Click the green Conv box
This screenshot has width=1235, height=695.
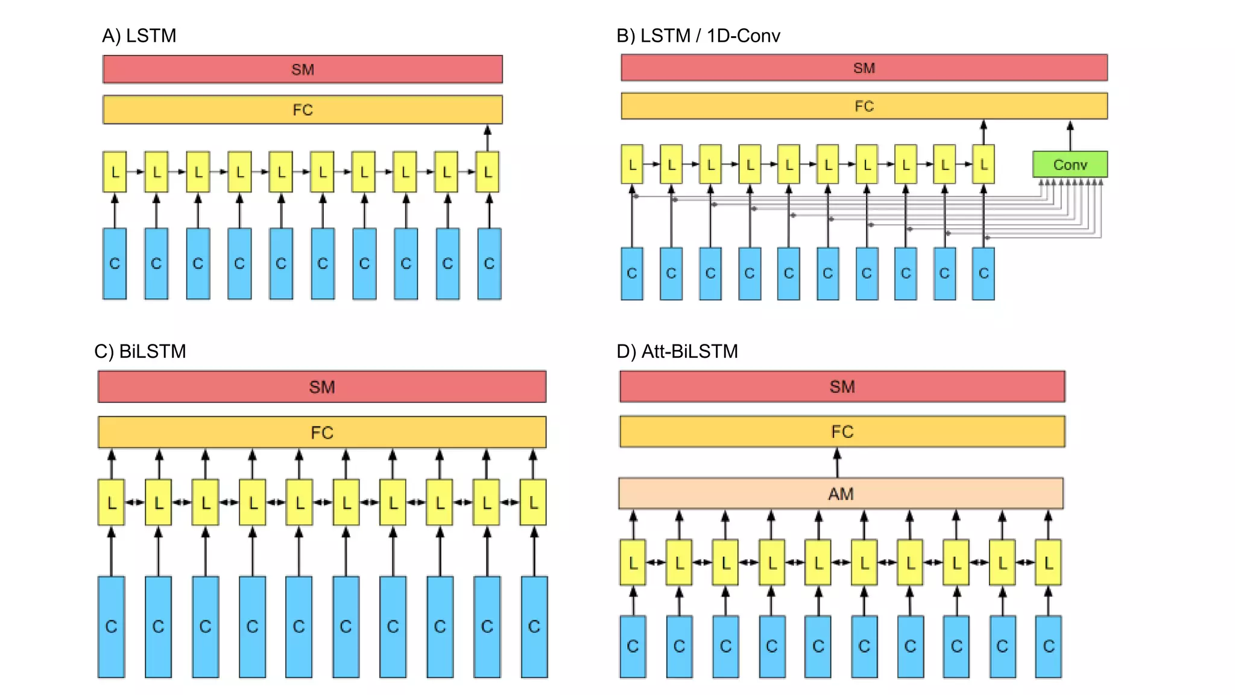[x=1070, y=164]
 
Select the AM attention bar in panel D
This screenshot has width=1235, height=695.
[x=841, y=493]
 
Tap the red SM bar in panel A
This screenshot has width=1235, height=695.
[x=302, y=69]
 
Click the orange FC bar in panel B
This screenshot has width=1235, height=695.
[x=864, y=106]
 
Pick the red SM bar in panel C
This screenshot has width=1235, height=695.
[x=321, y=387]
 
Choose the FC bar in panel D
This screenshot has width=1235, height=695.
[x=842, y=431]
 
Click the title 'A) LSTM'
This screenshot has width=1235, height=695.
[x=139, y=36]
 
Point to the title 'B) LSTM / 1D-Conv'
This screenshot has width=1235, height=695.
[x=698, y=36]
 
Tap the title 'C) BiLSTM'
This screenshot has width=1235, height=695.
[x=140, y=351]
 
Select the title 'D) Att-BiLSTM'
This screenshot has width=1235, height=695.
[x=677, y=351]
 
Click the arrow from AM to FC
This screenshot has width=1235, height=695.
[x=837, y=463]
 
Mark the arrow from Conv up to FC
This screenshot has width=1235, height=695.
[x=1070, y=136]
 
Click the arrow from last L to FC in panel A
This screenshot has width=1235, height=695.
[x=488, y=138]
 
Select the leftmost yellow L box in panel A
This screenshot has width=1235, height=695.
[x=115, y=172]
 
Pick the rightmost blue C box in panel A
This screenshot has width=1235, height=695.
[x=489, y=264]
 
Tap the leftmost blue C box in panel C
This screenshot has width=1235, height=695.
[x=111, y=626]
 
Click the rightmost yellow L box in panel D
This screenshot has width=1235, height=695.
[x=1048, y=562]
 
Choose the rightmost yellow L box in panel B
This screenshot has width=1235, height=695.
[x=983, y=164]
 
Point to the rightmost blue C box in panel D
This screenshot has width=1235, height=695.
[x=1048, y=646]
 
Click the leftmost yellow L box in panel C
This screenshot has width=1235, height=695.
[x=111, y=502]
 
